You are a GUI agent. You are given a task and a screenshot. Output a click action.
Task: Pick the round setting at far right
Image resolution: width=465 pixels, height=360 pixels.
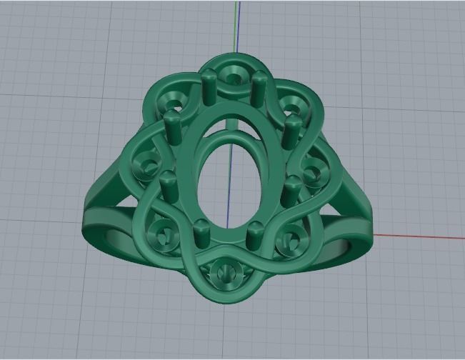(312, 174)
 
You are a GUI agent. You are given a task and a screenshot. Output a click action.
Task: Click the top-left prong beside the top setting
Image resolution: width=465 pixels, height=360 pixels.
(209, 85)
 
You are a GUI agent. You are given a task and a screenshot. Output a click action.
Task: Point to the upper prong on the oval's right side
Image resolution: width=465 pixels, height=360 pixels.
(292, 132)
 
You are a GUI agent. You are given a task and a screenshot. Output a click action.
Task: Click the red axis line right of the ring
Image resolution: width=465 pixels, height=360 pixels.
(421, 235)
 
